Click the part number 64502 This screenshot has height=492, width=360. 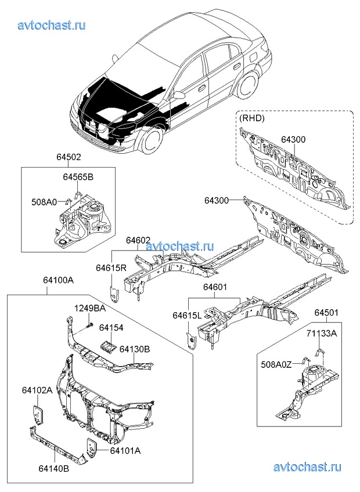coord(69,157)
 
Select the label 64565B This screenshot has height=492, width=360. coord(78,177)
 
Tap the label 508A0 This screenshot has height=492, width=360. coord(44,202)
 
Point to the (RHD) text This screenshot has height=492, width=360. coord(251,118)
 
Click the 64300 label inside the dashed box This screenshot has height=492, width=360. coord(293,140)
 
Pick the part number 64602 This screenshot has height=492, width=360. coord(139,241)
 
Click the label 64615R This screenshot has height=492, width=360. coord(111,268)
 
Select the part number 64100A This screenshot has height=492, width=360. coord(58,280)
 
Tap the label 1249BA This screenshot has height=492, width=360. coord(89,307)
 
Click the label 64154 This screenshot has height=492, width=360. coord(111,328)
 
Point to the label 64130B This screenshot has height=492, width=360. coord(135,349)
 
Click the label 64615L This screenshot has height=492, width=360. coord(187,315)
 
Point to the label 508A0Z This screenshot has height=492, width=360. coord(277,364)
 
